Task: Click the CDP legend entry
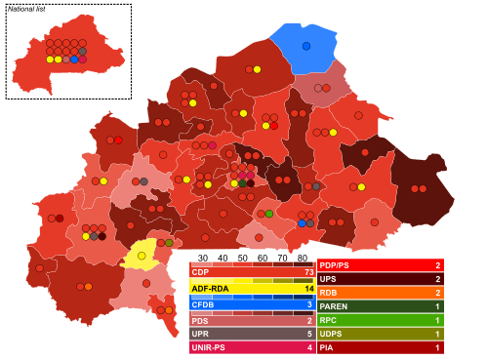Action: click(x=201, y=273)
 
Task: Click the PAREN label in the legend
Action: click(x=335, y=306)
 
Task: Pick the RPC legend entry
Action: click(x=329, y=320)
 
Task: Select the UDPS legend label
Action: click(x=333, y=334)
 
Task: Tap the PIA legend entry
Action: click(x=328, y=347)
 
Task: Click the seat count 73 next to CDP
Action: click(x=307, y=273)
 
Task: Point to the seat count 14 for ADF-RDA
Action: click(x=308, y=289)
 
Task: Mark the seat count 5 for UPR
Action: click(x=309, y=333)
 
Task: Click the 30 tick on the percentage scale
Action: click(x=202, y=259)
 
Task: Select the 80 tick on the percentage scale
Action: click(x=302, y=259)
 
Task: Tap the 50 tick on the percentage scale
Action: click(x=242, y=259)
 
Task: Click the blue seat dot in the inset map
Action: click(x=74, y=60)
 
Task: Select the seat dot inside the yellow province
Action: click(x=142, y=256)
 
